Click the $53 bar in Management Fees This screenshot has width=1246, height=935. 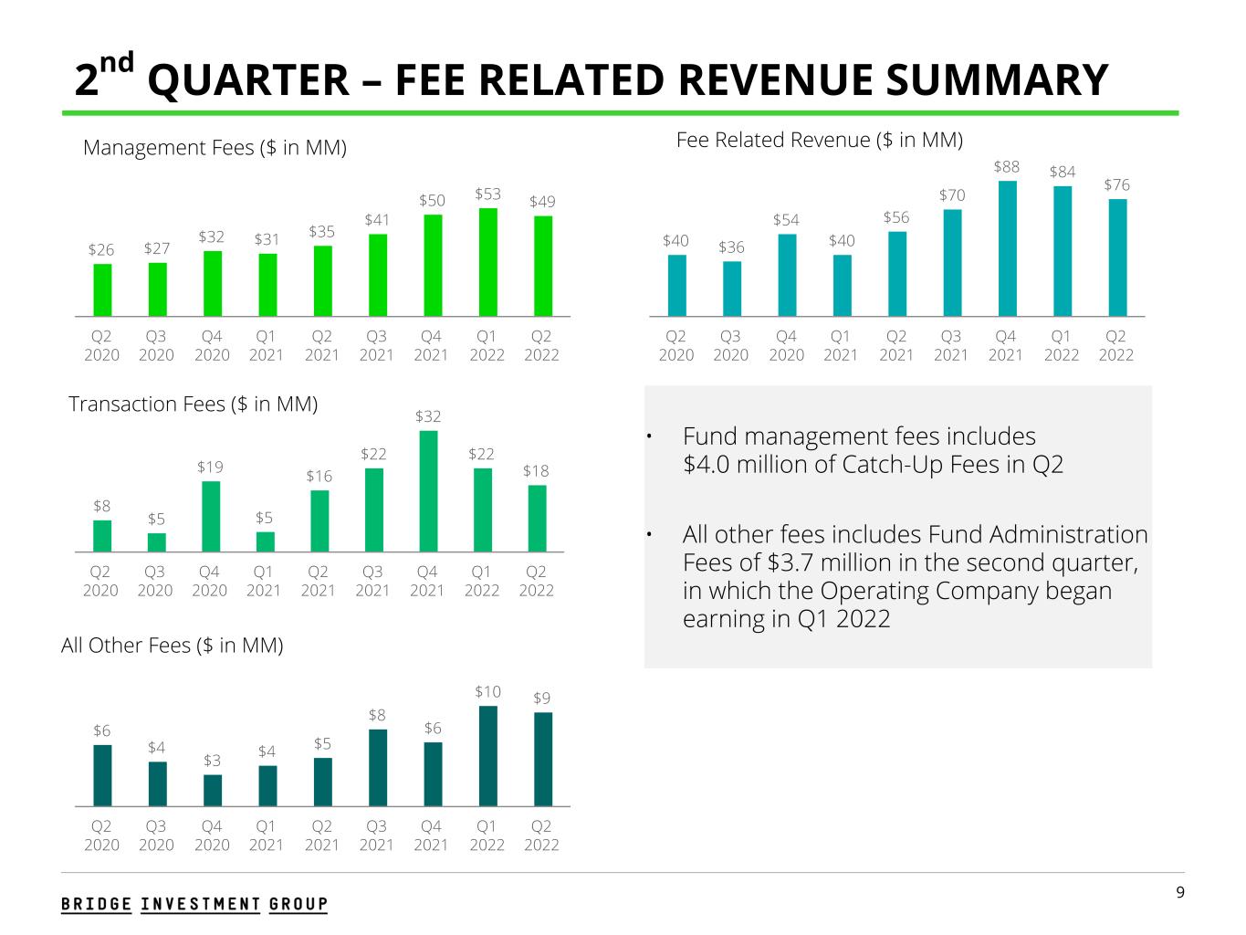click(x=488, y=262)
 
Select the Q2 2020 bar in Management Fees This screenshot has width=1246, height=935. click(x=102, y=289)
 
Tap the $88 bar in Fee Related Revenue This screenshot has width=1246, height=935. click(x=1007, y=248)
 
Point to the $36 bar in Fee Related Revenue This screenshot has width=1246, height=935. click(x=731, y=289)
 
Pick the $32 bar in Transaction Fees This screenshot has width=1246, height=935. click(x=428, y=491)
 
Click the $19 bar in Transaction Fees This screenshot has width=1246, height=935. click(x=210, y=516)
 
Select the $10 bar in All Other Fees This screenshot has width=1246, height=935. click(x=488, y=756)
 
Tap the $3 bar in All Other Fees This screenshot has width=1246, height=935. click(x=212, y=790)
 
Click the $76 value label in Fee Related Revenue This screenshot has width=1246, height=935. click(x=1115, y=185)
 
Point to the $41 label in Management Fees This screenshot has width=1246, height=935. click(x=377, y=219)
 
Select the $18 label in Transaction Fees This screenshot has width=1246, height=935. click(x=537, y=470)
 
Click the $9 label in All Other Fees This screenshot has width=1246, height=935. click(x=542, y=698)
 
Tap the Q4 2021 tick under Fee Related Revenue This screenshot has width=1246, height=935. click(x=1006, y=345)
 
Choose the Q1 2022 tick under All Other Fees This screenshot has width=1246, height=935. click(x=487, y=835)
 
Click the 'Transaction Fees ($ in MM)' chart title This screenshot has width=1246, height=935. click(x=194, y=404)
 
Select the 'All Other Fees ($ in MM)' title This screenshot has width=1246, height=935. click(x=173, y=646)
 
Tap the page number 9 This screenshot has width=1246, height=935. click(x=1180, y=892)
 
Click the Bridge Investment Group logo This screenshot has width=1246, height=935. click(x=194, y=904)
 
